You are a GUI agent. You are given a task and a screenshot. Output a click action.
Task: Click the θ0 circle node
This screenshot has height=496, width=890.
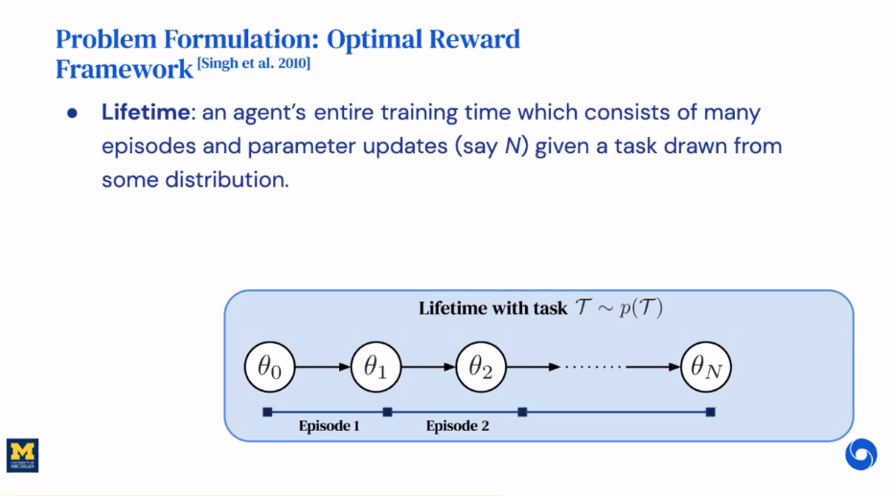(x=270, y=366)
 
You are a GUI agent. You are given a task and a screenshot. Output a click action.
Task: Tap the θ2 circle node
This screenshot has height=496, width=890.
(x=481, y=366)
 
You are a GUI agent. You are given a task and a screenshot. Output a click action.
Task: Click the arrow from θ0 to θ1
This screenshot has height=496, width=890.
(x=323, y=366)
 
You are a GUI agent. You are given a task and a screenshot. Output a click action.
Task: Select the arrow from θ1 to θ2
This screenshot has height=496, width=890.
(x=428, y=366)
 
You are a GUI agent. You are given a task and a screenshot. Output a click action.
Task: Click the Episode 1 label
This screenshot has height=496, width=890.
(x=329, y=426)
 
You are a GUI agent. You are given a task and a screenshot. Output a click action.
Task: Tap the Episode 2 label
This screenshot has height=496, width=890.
(x=457, y=426)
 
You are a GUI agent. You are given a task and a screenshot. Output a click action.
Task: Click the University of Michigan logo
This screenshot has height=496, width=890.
(x=23, y=456)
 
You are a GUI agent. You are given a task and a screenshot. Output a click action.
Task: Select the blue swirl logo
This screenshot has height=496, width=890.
(x=860, y=454)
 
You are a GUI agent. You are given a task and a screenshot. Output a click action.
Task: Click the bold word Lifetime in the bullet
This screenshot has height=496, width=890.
(x=146, y=112)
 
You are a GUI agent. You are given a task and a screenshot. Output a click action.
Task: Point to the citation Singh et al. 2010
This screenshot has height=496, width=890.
(x=254, y=62)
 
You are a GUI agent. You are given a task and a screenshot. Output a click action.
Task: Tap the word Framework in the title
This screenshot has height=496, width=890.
(x=124, y=69)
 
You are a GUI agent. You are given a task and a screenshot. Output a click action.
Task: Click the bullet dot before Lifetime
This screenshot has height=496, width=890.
(x=72, y=113)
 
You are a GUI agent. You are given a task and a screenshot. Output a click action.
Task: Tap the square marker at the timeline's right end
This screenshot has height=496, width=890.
(x=711, y=413)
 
